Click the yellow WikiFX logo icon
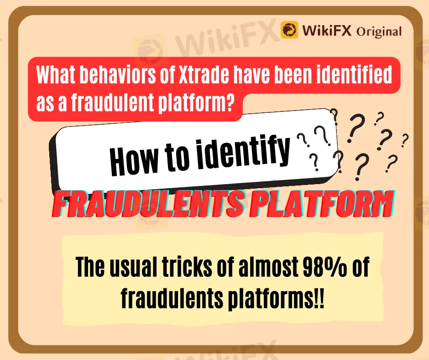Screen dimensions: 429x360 289,30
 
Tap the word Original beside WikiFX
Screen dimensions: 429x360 379,31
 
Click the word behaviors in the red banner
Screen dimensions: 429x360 118,75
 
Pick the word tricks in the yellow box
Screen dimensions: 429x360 187,266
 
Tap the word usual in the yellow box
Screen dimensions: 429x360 133,267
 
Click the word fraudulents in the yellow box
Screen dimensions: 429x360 172,297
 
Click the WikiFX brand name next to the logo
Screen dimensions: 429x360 327,30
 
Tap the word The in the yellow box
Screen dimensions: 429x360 89,266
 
